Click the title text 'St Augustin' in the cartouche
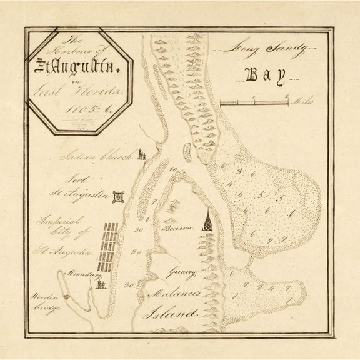[77, 64]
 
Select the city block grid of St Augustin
[111, 247]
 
